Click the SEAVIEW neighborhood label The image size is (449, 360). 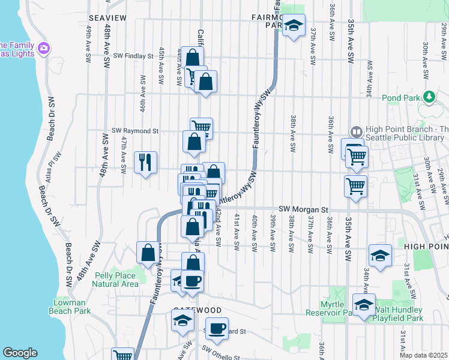coord(107,18)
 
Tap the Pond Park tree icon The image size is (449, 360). coord(429,96)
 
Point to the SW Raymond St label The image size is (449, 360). coord(135,130)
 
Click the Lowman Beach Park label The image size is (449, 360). coord(70,307)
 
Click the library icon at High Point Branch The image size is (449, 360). coord(356,131)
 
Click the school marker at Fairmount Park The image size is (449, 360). coord(294,25)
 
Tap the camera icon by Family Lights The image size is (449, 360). coord(43,47)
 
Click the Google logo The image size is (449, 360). coord(20,353)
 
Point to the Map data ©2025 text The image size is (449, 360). coord(423,355)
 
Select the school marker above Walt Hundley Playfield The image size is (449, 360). coord(364,305)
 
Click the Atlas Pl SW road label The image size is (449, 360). coord(57,166)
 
